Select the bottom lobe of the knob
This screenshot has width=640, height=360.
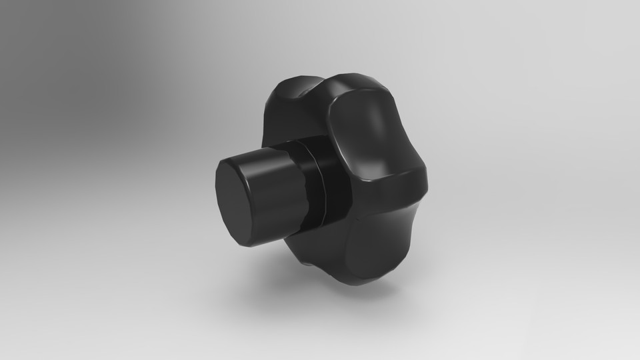(x=373, y=253)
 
